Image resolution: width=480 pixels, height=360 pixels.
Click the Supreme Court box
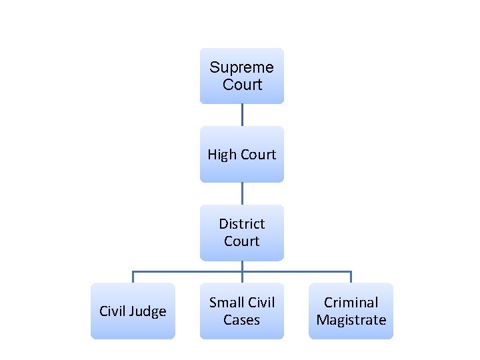click(x=241, y=76)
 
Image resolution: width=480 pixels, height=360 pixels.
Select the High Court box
click(x=241, y=155)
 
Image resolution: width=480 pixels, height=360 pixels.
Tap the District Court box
click(x=241, y=233)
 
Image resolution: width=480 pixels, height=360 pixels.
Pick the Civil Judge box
click(x=133, y=311)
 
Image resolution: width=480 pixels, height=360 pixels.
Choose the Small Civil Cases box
click(x=241, y=311)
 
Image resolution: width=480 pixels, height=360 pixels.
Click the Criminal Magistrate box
click(x=351, y=311)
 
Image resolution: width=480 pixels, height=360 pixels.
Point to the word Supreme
click(x=241, y=67)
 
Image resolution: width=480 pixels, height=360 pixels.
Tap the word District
click(x=241, y=224)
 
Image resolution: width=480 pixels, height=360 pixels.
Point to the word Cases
click(x=241, y=320)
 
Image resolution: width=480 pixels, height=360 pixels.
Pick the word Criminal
click(x=351, y=303)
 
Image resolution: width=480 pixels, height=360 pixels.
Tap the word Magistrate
click(x=351, y=320)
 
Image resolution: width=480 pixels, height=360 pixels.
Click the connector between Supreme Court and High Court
click(x=242, y=115)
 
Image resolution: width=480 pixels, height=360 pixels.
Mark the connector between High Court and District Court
click(x=242, y=193)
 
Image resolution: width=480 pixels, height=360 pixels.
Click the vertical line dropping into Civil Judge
click(x=133, y=277)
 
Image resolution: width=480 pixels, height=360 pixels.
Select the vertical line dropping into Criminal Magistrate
click(x=351, y=277)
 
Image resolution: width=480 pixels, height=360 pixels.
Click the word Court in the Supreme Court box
click(x=243, y=85)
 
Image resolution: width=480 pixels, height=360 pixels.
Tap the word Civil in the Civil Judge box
click(x=113, y=311)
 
